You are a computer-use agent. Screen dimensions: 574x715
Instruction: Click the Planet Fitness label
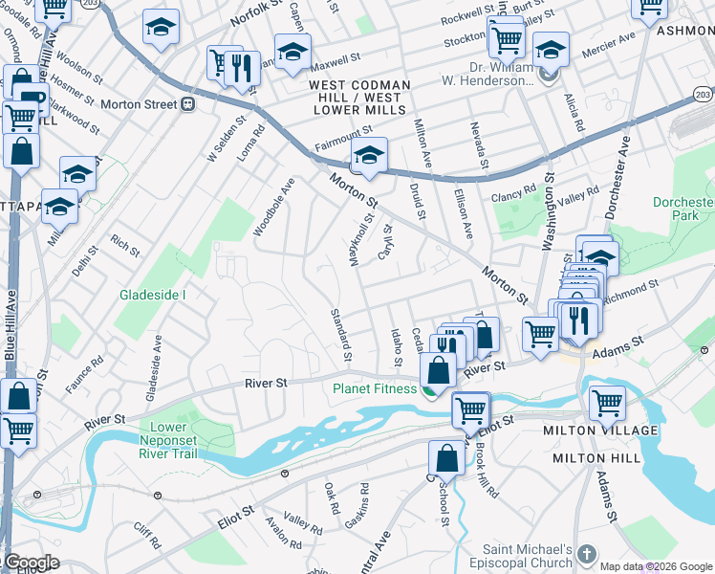point(375,389)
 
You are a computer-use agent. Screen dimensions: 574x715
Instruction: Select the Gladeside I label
point(152,295)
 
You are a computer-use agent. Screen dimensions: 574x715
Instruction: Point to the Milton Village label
point(613,430)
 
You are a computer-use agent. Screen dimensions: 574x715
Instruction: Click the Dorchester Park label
point(683,210)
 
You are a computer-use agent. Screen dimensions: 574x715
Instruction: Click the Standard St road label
point(340,335)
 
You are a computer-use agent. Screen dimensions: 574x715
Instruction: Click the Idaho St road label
point(396,346)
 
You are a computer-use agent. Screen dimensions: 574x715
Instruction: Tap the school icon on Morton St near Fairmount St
point(368,156)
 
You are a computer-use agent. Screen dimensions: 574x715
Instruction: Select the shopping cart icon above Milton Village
point(608,402)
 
